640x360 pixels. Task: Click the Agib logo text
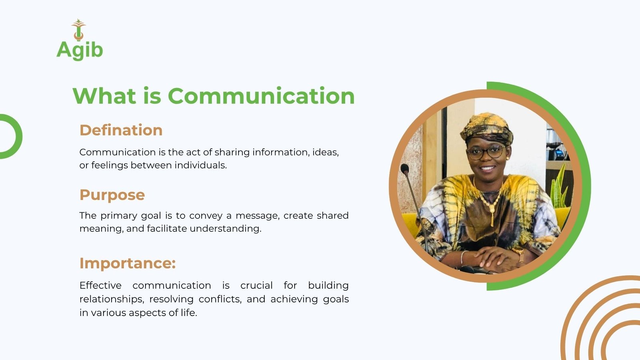[x=80, y=50]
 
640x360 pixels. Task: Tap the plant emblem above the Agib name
[x=78, y=30]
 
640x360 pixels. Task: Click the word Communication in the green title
[x=261, y=96]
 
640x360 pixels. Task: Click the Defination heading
[x=121, y=130]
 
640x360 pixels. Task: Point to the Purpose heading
[x=112, y=196]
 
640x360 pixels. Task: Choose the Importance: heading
[x=128, y=263]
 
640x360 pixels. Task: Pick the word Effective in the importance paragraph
[x=100, y=286]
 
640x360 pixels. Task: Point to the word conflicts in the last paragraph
[x=220, y=299]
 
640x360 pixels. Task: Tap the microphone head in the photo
[x=405, y=168]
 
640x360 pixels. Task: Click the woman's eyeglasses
[x=486, y=152]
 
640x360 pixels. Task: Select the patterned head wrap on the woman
[x=487, y=128]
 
